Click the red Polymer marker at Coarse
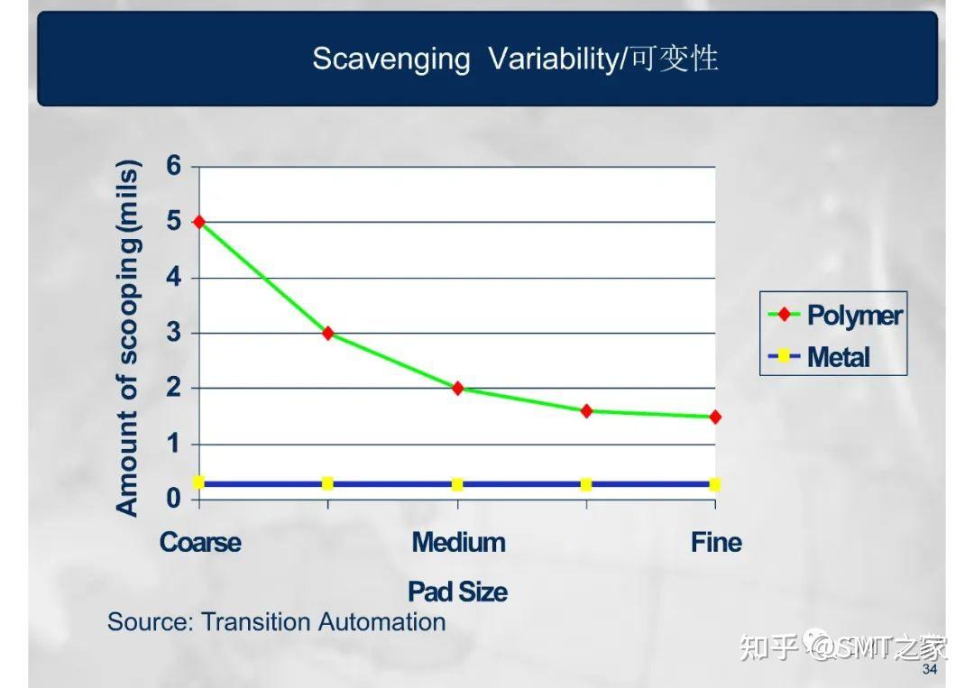pyautogui.click(x=198, y=222)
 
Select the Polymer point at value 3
pyautogui.click(x=328, y=333)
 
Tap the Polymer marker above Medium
pyautogui.click(x=457, y=389)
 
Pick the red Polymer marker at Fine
pyautogui.click(x=715, y=417)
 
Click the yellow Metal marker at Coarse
pyautogui.click(x=198, y=483)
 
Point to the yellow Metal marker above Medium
pyautogui.click(x=457, y=484)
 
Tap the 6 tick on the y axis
pyautogui.click(x=173, y=166)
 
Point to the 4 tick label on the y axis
pyautogui.click(x=173, y=278)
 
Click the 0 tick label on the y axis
pyautogui.click(x=173, y=500)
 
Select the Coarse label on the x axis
pyautogui.click(x=200, y=543)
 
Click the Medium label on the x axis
pyautogui.click(x=458, y=543)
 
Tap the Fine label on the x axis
pyautogui.click(x=716, y=543)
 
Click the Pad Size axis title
pyautogui.click(x=457, y=592)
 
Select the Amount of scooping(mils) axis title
pyautogui.click(x=128, y=338)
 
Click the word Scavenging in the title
pyautogui.click(x=391, y=60)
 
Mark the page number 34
pyautogui.click(x=930, y=671)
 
